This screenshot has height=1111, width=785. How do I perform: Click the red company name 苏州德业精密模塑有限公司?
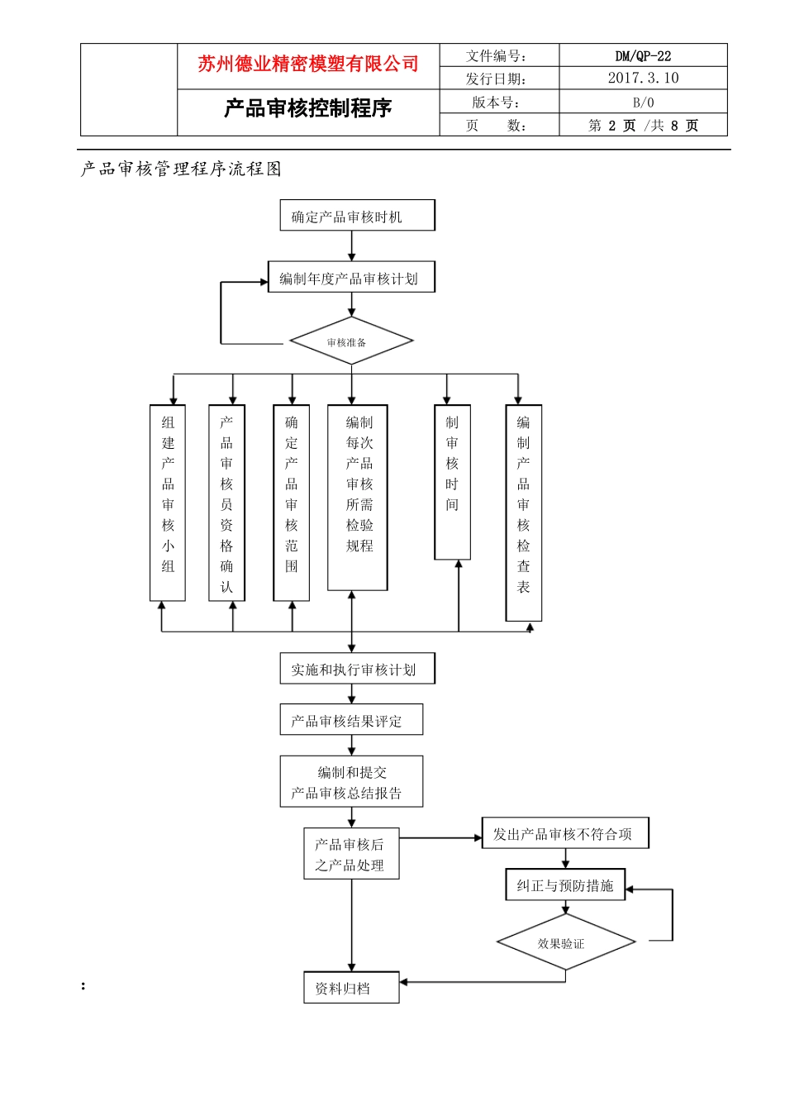click(x=307, y=64)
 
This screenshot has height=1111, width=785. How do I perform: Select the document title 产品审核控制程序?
click(x=307, y=108)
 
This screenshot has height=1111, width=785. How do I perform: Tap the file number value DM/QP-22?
click(x=643, y=56)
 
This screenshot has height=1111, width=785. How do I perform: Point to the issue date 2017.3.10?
click(x=643, y=79)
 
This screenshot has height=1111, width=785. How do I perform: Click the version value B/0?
click(x=643, y=103)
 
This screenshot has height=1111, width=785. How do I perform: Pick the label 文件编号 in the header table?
click(x=497, y=56)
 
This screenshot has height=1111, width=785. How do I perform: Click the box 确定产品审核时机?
click(x=357, y=216)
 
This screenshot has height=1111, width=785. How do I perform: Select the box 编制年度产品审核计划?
click(x=351, y=278)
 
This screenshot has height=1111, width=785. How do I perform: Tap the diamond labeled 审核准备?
click(x=351, y=341)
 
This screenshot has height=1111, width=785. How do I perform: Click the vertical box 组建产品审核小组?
click(x=168, y=503)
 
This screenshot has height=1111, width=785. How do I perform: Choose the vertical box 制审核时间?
click(x=452, y=482)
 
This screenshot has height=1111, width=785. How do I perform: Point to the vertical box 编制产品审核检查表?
click(x=523, y=513)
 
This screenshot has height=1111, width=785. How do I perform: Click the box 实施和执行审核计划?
click(x=357, y=669)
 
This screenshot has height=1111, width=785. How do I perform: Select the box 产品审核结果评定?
click(x=351, y=720)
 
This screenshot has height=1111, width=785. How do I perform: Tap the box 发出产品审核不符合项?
click(x=565, y=833)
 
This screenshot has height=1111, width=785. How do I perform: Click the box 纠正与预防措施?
click(x=565, y=885)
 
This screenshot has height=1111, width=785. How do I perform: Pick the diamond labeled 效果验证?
click(x=565, y=942)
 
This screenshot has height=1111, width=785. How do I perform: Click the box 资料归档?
click(x=351, y=988)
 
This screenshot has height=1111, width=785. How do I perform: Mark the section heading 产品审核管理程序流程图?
click(x=182, y=169)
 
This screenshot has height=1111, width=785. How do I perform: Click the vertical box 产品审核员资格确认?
click(x=226, y=503)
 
